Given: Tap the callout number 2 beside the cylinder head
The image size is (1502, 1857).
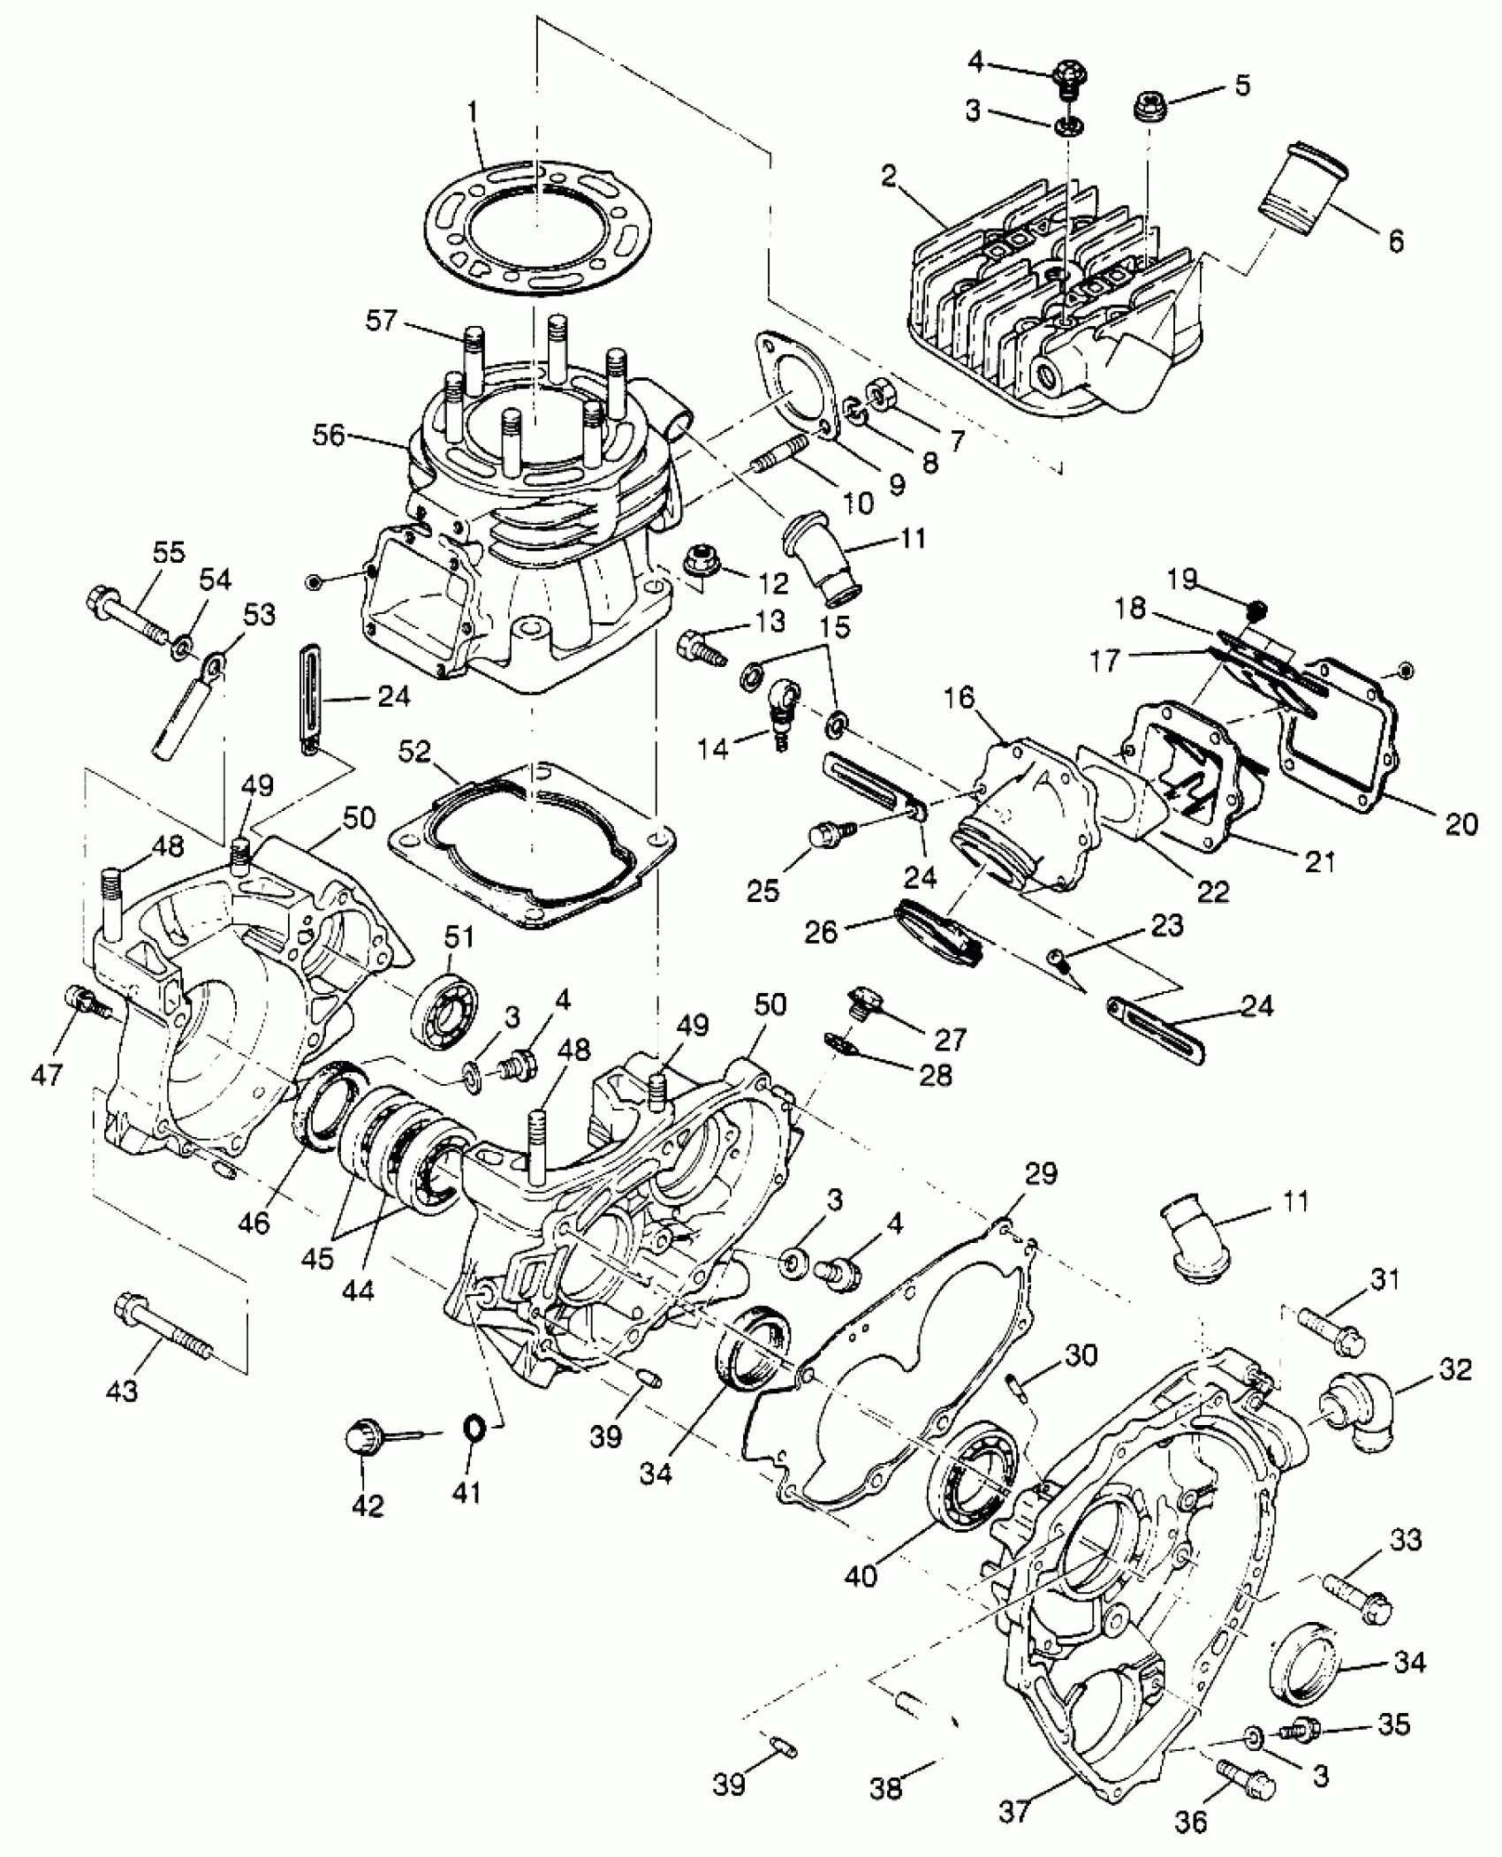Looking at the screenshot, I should point(889,176).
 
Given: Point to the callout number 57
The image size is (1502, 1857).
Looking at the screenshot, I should point(383,321).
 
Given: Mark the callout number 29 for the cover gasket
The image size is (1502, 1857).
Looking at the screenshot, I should point(1041,1174).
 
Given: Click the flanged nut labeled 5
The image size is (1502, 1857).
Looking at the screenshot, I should point(1149,108).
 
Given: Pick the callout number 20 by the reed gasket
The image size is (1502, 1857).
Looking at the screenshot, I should point(1460,823).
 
